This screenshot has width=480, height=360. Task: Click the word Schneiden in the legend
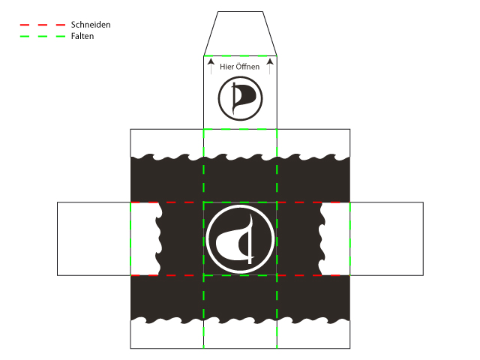[x=91, y=25]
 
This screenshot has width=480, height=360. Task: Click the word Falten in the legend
[x=82, y=36]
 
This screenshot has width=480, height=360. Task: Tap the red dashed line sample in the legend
[x=43, y=25]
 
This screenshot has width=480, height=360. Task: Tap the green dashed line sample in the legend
[x=43, y=36]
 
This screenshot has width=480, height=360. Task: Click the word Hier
[x=226, y=67]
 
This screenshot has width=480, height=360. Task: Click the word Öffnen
[x=247, y=67]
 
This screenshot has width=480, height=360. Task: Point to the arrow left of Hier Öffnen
[x=211, y=67]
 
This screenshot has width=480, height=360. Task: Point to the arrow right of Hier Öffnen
[x=270, y=67]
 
